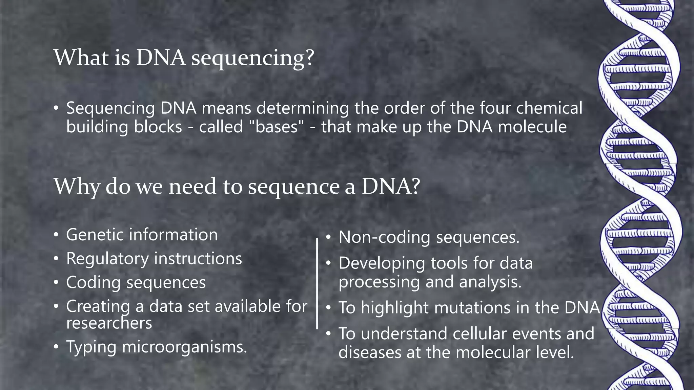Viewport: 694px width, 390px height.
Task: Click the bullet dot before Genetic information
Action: pos(56,235)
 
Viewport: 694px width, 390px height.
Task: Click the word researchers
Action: pos(109,323)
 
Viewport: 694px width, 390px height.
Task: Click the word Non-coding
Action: pos(384,237)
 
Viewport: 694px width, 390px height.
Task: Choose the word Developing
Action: pos(381,263)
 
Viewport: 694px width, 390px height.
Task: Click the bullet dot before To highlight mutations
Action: pos(328,308)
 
